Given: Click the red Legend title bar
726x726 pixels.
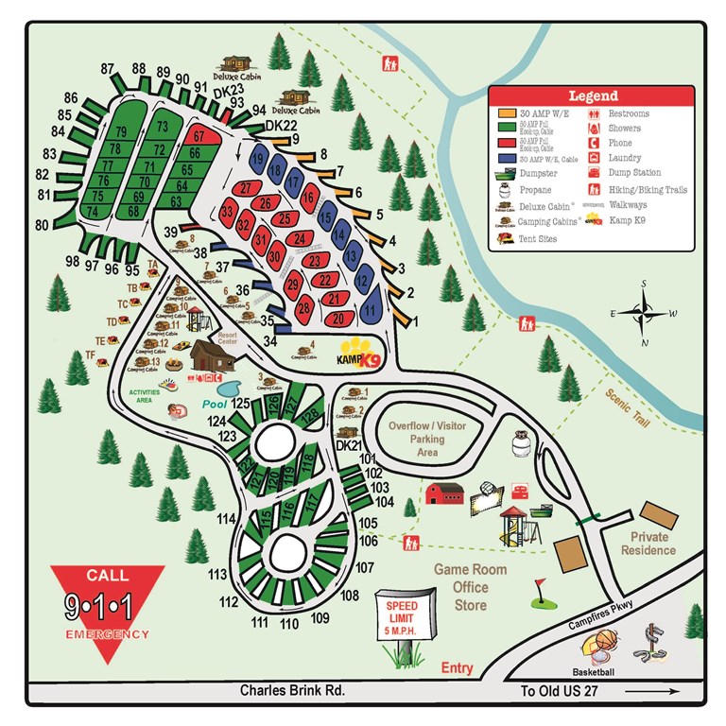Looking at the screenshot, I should [593, 95].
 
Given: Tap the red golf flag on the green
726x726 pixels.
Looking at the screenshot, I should [541, 586].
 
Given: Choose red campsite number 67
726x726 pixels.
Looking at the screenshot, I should [199, 136].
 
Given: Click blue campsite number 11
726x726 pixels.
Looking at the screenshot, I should [372, 308].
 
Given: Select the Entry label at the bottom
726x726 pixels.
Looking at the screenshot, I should [456, 668].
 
